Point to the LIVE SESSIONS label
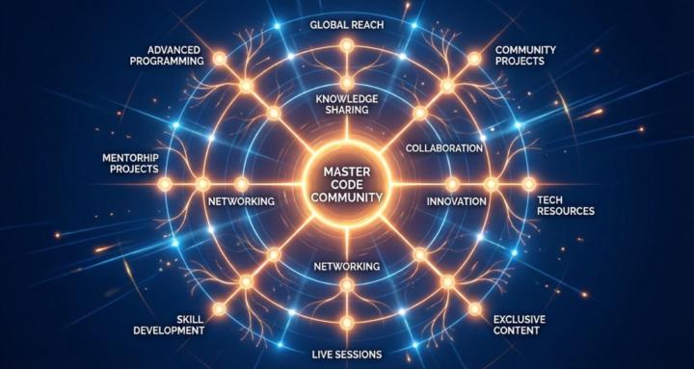(x=347, y=353)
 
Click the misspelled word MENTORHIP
(x=130, y=156)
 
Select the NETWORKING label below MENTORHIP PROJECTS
(x=242, y=201)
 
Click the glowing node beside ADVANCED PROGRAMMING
(x=220, y=60)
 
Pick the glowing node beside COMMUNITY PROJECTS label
(x=473, y=60)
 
